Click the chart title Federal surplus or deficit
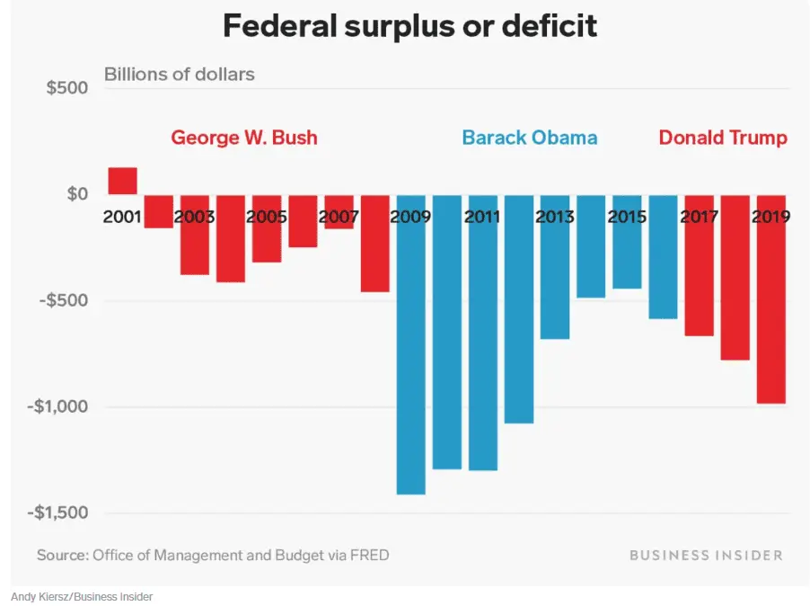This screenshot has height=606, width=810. (409, 27)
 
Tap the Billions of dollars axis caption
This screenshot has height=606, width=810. (180, 74)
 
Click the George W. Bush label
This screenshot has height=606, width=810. (244, 138)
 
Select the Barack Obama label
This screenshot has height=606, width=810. (529, 138)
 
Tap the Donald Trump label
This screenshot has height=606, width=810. (723, 138)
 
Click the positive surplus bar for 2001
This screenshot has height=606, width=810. (123, 181)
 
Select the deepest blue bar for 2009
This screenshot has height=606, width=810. (410, 360)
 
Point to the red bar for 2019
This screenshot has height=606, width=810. (770, 315)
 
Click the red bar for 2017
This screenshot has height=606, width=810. (699, 279)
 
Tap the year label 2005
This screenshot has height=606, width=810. (267, 217)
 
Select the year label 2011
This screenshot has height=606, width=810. (483, 217)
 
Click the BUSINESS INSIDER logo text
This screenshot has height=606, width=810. (706, 556)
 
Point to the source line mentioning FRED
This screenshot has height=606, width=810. (213, 556)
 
